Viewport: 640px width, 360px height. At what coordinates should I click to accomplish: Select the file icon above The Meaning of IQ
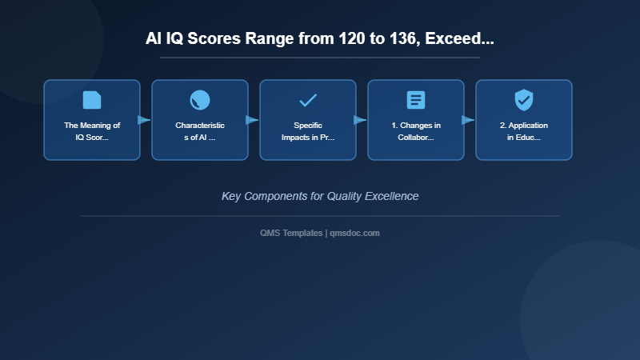coord(92,100)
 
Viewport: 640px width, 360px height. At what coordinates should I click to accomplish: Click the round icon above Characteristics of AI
coord(200,100)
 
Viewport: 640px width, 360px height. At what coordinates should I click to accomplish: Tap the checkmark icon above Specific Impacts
coord(308,100)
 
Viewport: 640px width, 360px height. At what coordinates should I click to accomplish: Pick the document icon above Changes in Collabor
coord(416,100)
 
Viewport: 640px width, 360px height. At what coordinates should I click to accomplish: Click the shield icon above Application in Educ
coord(524,100)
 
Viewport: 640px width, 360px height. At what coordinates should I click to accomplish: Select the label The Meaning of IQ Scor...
coord(92,131)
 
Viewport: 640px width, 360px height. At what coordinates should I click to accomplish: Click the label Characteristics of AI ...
coord(200,131)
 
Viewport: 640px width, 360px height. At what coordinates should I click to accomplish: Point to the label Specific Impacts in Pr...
coord(308,131)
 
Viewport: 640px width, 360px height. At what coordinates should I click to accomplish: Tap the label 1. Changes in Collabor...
coord(416,131)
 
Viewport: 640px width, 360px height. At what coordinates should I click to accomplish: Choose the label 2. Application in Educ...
coord(524,131)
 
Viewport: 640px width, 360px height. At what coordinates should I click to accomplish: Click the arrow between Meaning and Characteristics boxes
coord(144,120)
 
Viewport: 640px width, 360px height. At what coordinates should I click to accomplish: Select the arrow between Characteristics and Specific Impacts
coord(252,120)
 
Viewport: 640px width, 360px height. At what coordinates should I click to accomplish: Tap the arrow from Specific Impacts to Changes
coord(360,120)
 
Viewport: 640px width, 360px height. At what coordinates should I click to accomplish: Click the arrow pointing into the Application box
coord(468,120)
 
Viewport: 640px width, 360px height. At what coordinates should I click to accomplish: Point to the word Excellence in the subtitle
coord(389,196)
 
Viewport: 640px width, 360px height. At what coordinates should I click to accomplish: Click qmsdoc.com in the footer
coord(355,233)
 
